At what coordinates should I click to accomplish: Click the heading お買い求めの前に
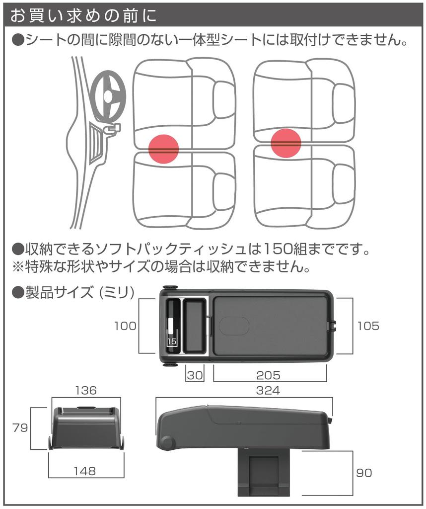coord(83,15)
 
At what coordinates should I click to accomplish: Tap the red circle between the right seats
coord(286,143)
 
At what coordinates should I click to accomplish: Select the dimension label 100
coord(125,326)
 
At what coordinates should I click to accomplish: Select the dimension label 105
coord(368,326)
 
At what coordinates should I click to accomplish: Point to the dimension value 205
coord(269,375)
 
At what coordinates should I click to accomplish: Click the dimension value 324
coord(269,391)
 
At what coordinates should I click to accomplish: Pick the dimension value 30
coord(195,375)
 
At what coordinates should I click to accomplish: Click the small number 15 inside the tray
coord(172,342)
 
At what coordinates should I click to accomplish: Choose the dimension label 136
coord(86,391)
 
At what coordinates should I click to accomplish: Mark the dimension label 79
coord(20,427)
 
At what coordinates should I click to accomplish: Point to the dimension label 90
coord(364,473)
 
